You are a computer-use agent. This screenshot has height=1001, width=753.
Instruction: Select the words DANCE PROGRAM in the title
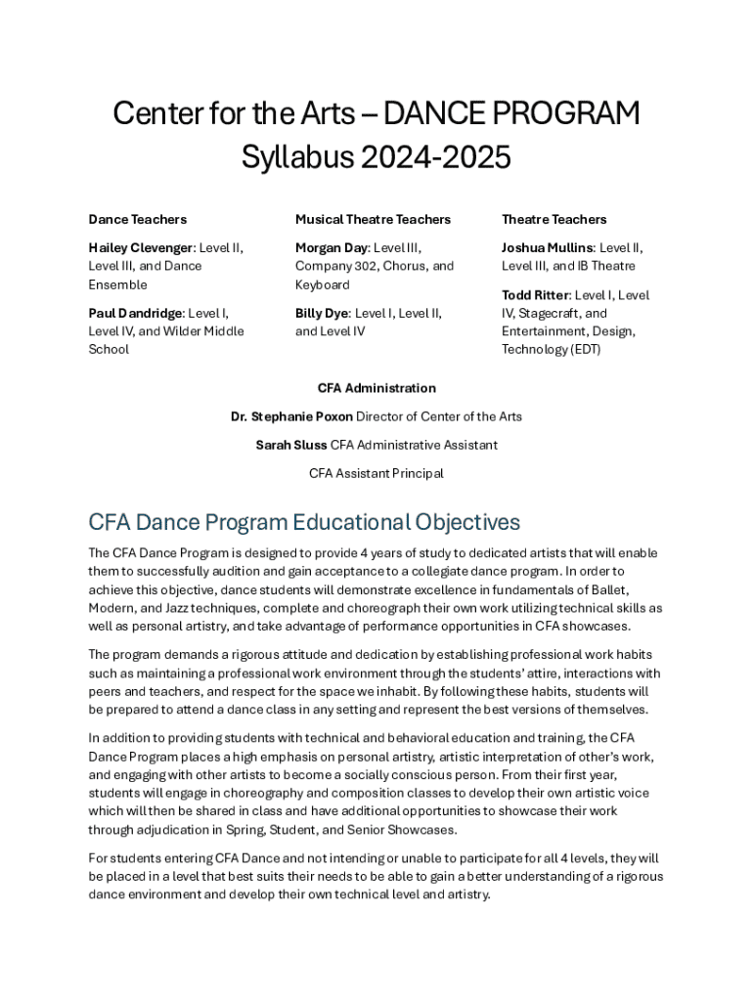pos(511,114)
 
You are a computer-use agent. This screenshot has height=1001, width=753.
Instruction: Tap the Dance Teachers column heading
pos(137,219)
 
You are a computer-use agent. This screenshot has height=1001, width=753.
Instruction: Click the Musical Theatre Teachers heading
pos(373,219)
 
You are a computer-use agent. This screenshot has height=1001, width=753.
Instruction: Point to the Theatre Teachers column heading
pos(554,219)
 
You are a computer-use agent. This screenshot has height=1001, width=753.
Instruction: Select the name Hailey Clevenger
pos(141,247)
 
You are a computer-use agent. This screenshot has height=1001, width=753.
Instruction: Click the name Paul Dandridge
pos(135,313)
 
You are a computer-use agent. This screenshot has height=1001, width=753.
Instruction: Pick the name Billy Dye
pos(321,313)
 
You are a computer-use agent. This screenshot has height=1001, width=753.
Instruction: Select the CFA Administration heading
pos(376,388)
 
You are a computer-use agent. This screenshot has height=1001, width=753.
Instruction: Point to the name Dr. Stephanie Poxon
pos(291,416)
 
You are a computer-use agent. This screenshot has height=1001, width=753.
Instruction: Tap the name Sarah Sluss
pos(291,445)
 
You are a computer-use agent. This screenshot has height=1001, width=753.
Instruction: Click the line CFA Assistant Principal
pos(376,473)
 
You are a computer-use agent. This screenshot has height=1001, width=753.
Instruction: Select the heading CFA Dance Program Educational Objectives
pos(304,522)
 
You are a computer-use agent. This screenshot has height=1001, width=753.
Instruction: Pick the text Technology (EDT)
pos(551,350)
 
